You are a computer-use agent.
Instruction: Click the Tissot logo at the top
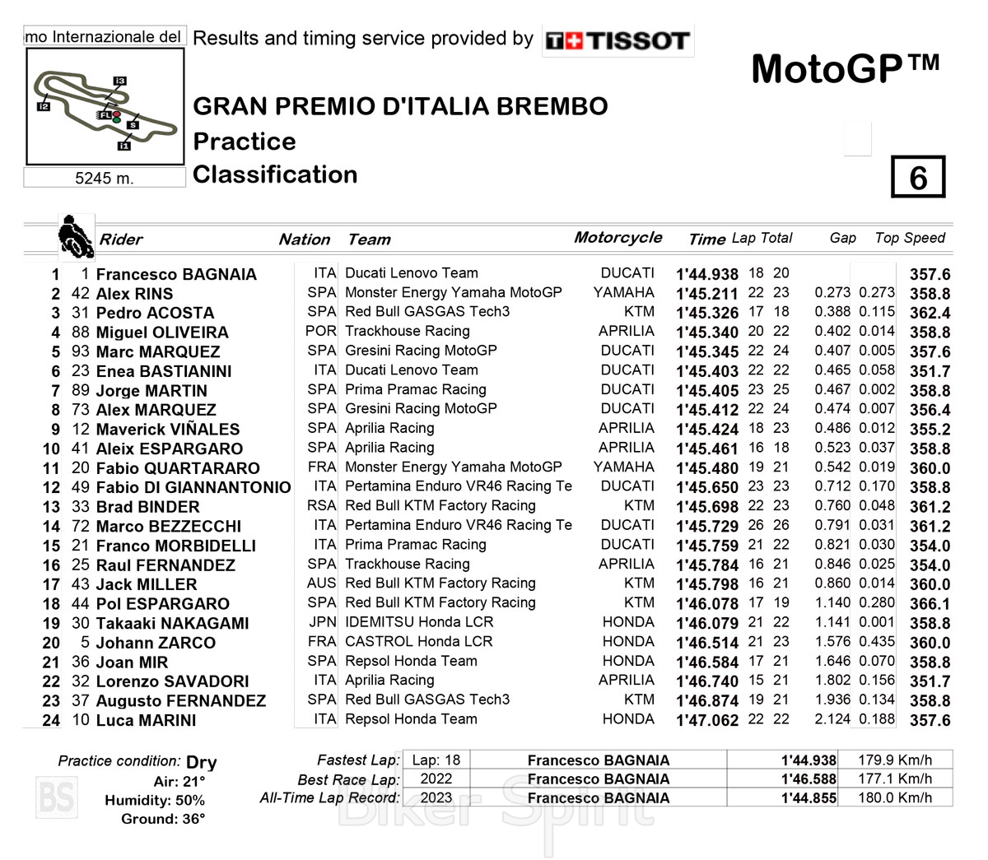[617, 40]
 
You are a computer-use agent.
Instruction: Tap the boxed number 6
[917, 178]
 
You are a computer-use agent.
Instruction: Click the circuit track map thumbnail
[105, 106]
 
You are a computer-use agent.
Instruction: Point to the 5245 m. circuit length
[104, 178]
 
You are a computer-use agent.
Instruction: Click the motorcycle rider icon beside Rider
[76, 236]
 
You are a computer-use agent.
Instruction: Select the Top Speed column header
[910, 238]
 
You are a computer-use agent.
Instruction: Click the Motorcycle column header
[617, 238]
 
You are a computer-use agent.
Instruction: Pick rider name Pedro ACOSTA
[155, 313]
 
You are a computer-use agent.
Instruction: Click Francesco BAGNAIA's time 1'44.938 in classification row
[706, 274]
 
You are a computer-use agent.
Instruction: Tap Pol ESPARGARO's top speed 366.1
[930, 603]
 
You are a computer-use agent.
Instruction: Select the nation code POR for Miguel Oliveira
[320, 331]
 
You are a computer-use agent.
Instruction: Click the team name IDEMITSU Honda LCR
[419, 622]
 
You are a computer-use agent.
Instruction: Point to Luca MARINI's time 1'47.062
[706, 720]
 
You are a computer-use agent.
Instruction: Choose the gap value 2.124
[832, 719]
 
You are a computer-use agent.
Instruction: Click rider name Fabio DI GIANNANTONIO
[193, 487]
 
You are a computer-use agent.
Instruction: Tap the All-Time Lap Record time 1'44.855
[809, 797]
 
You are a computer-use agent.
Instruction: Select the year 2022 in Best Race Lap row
[436, 779]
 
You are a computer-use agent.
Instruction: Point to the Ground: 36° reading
[163, 819]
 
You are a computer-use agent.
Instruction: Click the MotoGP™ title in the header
[845, 69]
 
